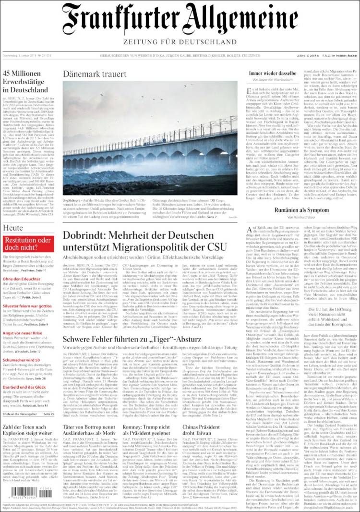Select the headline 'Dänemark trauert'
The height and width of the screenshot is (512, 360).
point(95,74)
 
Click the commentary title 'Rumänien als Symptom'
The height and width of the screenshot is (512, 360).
point(301,210)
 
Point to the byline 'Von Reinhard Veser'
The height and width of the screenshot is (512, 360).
point(301,218)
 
